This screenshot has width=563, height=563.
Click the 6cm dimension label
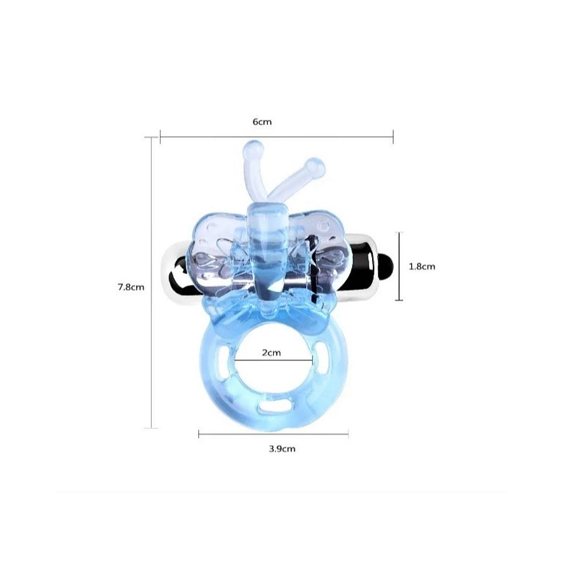[x=262, y=122]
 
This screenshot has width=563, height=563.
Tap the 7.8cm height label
[x=131, y=287]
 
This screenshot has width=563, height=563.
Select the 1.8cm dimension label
[x=422, y=266]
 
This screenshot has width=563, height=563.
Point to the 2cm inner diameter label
[x=271, y=352]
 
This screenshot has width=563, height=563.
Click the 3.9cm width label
[x=282, y=449]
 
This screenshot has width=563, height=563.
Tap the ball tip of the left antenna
[x=253, y=148]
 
